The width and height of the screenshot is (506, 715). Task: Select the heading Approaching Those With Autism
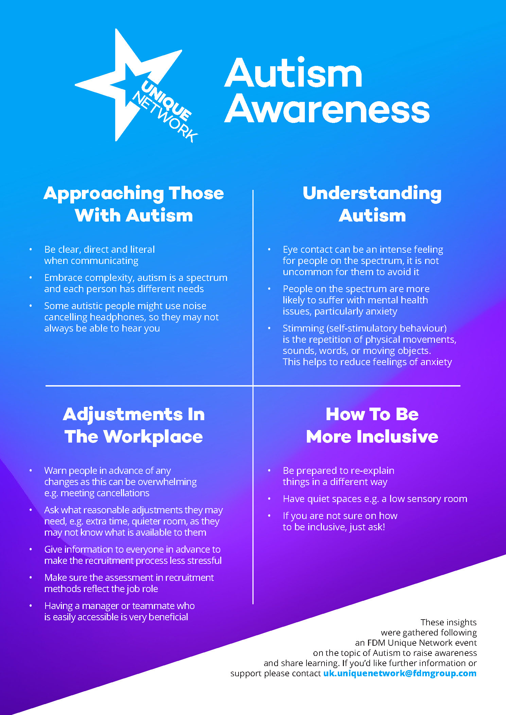tap(134, 204)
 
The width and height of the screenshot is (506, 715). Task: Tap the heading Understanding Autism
tap(372, 204)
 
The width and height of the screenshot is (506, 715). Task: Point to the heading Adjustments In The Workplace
tap(134, 425)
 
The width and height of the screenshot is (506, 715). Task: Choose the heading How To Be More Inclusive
tap(372, 425)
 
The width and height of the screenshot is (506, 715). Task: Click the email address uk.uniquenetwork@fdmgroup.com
tap(400, 673)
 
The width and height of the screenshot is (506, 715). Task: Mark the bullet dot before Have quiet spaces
tap(269, 499)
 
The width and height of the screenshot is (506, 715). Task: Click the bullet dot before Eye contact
tap(269, 249)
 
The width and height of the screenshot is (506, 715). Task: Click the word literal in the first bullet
tap(142, 249)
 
